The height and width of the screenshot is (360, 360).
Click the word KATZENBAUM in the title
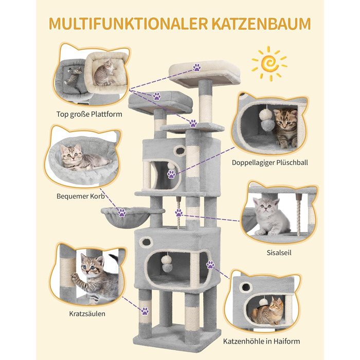[261, 24]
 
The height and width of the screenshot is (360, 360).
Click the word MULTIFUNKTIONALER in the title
[128, 24]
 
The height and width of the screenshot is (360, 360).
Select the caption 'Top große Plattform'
[89, 114]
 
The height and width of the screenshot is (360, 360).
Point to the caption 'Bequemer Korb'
[81, 196]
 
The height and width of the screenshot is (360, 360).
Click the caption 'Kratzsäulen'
[87, 314]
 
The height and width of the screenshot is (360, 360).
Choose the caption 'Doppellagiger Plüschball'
[270, 163]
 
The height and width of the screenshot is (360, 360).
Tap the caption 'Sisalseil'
[279, 253]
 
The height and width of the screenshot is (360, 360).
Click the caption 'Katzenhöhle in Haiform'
[261, 341]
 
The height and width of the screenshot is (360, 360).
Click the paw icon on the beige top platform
[197, 67]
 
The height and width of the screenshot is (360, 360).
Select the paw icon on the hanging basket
[122, 212]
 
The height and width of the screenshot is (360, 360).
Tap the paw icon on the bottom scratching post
[145, 311]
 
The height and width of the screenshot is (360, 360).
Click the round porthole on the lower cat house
[146, 242]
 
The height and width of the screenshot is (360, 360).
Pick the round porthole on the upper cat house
[180, 151]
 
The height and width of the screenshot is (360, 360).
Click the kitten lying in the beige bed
[104, 73]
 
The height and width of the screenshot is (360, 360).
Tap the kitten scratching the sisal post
[94, 279]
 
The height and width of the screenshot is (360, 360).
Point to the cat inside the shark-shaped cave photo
[268, 311]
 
